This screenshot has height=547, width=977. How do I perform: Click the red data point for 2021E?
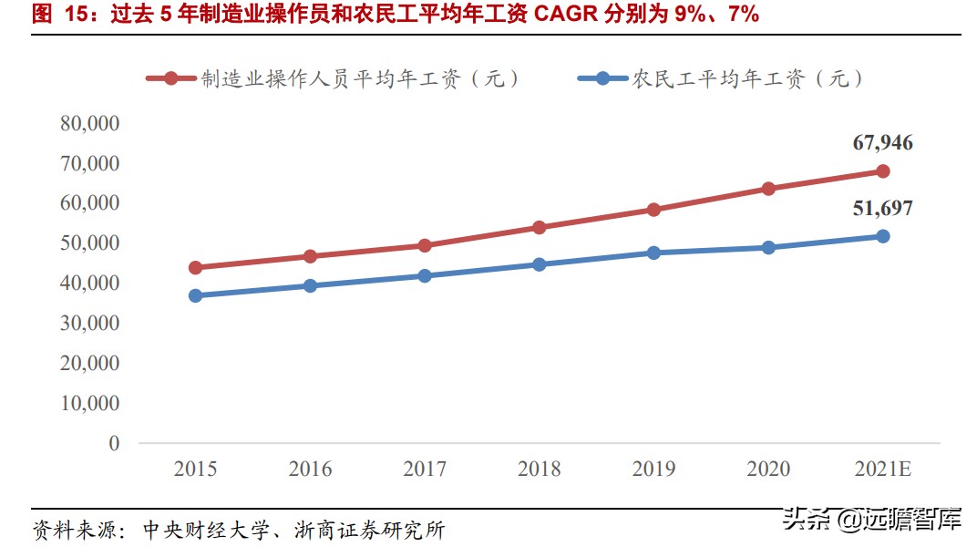point(882,171)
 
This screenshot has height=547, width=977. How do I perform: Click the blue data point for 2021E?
point(882,236)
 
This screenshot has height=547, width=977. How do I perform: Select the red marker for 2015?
point(195,268)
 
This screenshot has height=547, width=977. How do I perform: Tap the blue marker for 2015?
point(195,295)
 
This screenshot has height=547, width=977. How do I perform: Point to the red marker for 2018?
point(539,227)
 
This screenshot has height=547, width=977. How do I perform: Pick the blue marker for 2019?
point(653,253)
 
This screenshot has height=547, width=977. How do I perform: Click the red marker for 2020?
point(768,189)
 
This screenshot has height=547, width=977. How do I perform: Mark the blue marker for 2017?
point(425,275)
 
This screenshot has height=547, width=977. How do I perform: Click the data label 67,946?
point(882,143)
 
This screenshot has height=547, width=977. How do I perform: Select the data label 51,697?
point(882,209)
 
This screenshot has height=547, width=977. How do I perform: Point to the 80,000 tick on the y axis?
point(89,123)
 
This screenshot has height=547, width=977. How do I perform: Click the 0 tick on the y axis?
point(114,443)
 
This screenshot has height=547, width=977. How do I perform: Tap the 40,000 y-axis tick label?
point(89,284)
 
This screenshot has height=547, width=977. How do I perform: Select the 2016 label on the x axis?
point(310,470)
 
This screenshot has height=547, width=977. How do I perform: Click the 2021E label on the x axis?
point(882,470)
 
